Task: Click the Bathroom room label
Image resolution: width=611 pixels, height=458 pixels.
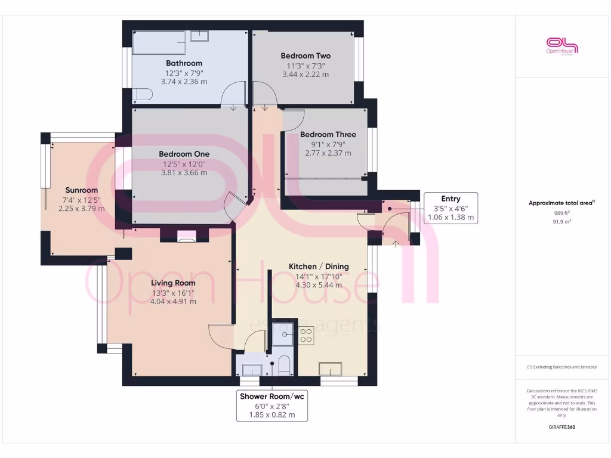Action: click(x=184, y=63)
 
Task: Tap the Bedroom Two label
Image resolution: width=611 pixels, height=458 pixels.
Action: click(x=305, y=56)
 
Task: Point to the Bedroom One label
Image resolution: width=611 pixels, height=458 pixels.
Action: click(x=184, y=154)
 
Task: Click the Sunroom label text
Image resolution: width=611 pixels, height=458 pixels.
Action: click(x=81, y=191)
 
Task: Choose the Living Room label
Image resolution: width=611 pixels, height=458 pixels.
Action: click(x=173, y=283)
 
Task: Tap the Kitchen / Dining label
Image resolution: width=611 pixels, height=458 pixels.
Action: click(x=319, y=267)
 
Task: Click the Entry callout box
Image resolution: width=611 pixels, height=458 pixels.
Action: click(x=450, y=208)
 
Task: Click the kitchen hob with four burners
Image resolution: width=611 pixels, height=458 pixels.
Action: click(x=306, y=336)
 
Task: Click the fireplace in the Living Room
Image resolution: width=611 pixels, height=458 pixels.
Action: click(x=186, y=237)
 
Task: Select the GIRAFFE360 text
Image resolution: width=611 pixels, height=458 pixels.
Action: click(x=562, y=427)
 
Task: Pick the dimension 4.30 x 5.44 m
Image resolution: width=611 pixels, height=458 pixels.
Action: click(x=319, y=285)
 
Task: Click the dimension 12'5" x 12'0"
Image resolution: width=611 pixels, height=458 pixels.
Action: click(x=184, y=164)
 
